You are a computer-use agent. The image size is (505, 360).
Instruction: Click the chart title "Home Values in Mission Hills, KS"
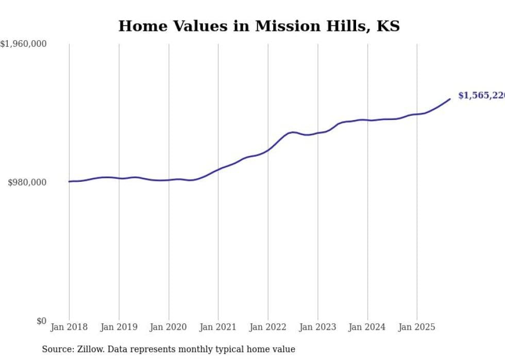259,26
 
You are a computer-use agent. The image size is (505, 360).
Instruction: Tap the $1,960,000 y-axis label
23,44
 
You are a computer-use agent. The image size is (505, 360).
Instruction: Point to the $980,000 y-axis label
27,182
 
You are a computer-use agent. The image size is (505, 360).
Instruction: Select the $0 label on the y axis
41,321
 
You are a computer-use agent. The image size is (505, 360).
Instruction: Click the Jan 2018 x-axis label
69,327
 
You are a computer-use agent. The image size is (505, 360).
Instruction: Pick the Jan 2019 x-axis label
119,327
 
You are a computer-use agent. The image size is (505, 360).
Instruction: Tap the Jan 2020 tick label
169,327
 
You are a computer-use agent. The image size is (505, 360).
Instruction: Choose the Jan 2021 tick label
218,327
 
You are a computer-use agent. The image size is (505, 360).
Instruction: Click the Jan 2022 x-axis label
268,327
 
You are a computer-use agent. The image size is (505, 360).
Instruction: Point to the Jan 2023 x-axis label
317,327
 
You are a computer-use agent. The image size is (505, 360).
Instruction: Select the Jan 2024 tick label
367,327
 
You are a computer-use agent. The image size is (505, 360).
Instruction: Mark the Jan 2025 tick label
417,327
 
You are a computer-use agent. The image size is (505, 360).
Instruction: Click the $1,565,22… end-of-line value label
481,95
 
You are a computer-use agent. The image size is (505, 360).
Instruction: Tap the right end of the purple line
450,99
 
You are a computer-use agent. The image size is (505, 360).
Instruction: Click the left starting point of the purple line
70,181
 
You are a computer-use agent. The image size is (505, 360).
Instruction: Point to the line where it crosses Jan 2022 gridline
268,150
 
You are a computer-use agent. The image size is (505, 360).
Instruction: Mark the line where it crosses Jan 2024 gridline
367,120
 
